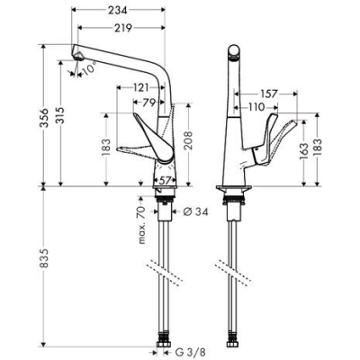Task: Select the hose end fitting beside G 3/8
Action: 166,346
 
